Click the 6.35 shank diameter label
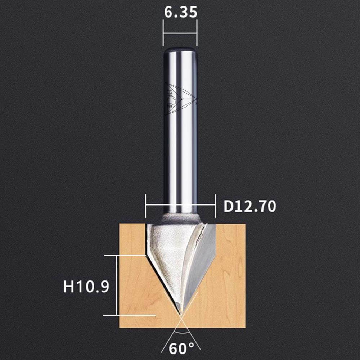point(181,12)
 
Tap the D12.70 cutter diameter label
point(250,206)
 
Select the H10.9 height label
point(86,286)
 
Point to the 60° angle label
point(181,348)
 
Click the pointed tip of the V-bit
point(181,314)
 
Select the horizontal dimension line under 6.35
point(180,33)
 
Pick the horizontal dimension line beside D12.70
point(180,205)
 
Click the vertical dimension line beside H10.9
point(117,285)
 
